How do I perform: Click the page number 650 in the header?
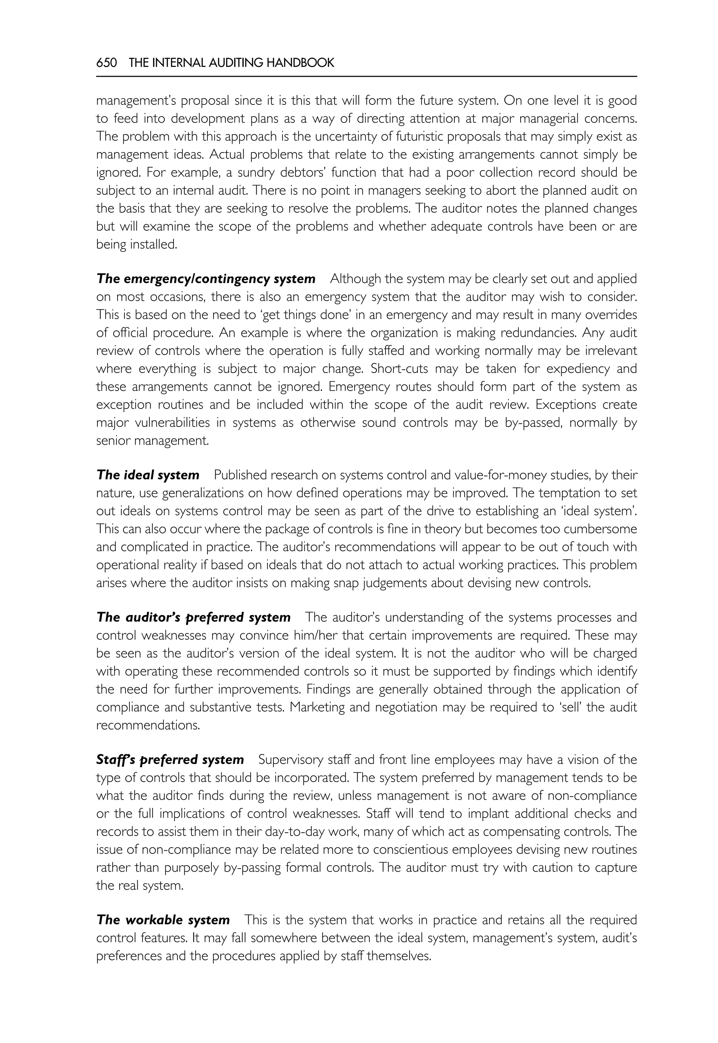pos(107,63)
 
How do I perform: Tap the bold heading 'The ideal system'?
pos(148,475)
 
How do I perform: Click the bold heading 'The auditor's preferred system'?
pos(194,617)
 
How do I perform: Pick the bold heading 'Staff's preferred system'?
pos(170,760)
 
